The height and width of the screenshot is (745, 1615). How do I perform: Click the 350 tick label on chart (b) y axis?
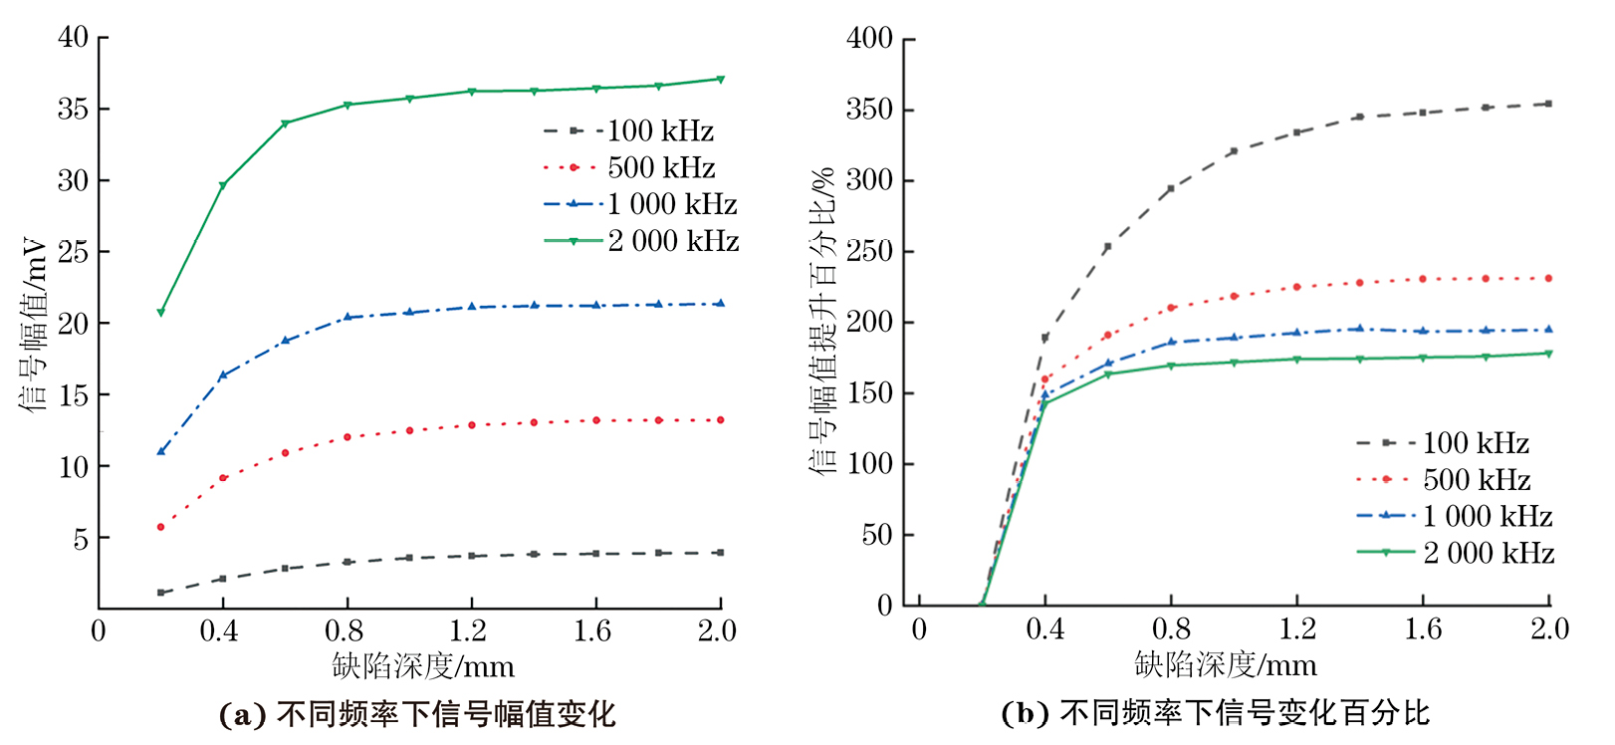869,110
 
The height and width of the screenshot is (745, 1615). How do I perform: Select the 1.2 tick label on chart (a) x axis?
468,631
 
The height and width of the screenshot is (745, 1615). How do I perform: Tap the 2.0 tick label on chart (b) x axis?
1549,629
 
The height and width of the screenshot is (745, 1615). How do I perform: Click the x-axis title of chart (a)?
423,666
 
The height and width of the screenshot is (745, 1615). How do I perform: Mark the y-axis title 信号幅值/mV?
34,324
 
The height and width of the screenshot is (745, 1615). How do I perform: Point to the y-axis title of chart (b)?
822,322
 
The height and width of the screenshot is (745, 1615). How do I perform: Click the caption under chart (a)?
417,714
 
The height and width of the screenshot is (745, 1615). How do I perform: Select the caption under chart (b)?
1215,713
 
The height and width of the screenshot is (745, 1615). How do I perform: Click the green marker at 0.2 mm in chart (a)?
160,313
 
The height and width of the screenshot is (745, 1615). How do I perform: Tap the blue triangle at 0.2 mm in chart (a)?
160,451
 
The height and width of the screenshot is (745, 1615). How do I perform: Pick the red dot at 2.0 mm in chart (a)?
720,420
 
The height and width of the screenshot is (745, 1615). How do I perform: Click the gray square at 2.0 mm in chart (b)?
1548,104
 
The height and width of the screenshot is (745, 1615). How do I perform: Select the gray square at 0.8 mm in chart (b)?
1171,188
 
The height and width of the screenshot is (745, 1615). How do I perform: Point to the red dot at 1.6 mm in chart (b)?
1423,279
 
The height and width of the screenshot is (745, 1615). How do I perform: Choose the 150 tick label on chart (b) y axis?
869,393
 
